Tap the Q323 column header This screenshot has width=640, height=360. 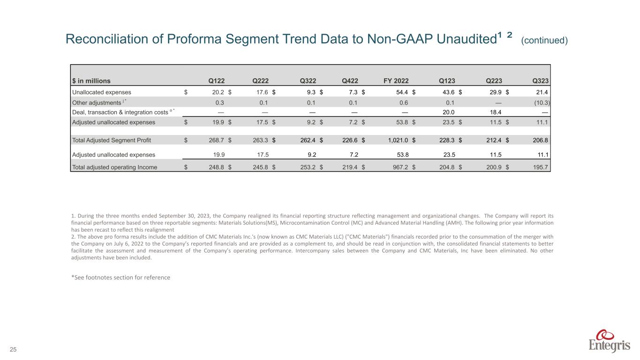[x=541, y=80]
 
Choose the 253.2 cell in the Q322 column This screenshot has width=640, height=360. [x=310, y=167]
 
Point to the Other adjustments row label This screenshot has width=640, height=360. [x=96, y=103]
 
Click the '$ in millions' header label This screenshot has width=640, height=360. [x=91, y=80]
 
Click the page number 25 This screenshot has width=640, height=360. [x=14, y=349]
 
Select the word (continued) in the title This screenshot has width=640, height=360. [x=544, y=41]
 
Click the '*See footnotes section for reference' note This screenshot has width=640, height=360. [x=120, y=277]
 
